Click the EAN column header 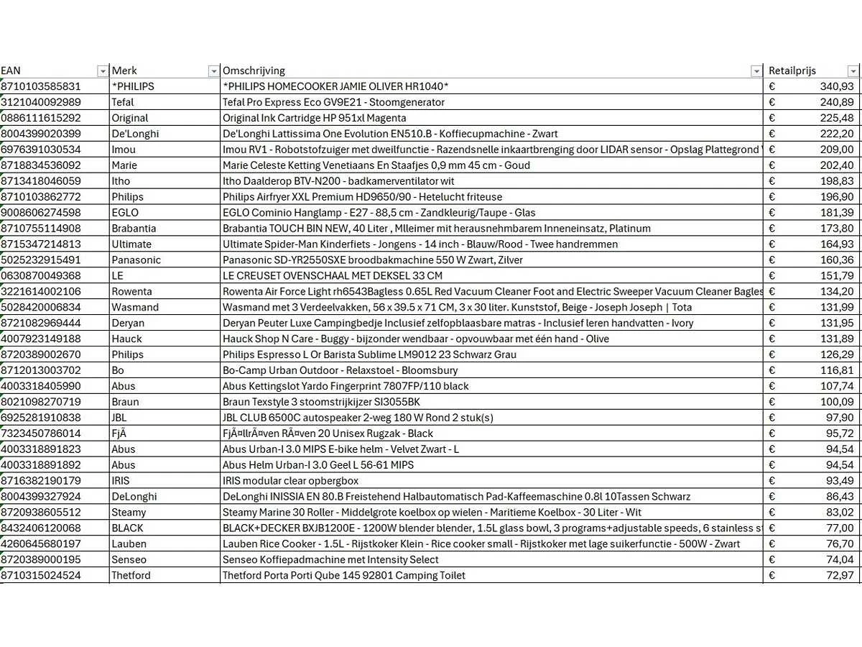11,70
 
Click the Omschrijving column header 254,70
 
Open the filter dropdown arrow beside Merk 213,70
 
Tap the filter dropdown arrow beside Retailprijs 853,70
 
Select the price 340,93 837,86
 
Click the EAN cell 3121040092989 41,102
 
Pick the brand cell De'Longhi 135,134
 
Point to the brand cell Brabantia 134,229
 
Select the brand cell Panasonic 136,260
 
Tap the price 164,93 837,244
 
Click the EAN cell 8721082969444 41,323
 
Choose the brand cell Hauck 126,339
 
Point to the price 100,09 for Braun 837,402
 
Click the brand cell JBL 119,418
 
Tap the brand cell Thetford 131,576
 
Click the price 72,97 839,576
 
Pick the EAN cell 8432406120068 41,528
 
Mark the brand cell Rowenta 131,292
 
